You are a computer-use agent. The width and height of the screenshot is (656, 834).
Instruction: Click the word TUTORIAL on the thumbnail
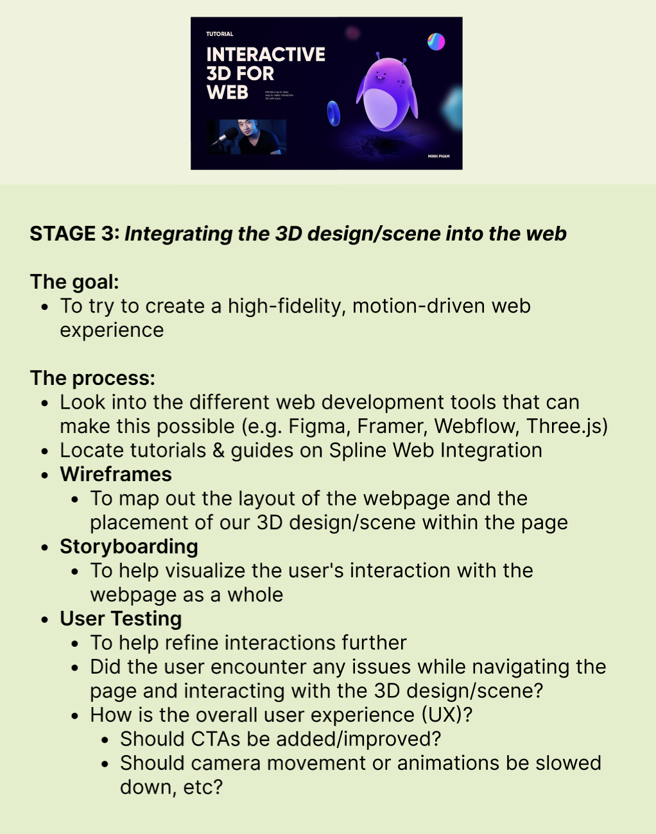pos(220,34)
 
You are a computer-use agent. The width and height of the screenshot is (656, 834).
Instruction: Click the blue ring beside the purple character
pos(333,114)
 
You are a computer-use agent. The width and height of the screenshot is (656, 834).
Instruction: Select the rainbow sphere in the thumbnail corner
pos(436,42)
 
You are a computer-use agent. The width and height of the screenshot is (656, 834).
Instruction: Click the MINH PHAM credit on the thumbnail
pos(438,156)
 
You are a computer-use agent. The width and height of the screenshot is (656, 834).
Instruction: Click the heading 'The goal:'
pos(74,282)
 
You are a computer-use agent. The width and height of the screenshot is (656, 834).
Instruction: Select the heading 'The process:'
pos(92,378)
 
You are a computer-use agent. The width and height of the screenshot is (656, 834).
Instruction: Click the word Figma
pos(316,426)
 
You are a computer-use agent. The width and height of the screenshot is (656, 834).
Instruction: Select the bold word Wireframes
pos(116,474)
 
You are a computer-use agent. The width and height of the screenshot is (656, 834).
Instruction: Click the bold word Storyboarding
pos(128,547)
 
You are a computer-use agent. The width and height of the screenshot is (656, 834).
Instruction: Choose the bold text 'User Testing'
pos(121,618)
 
